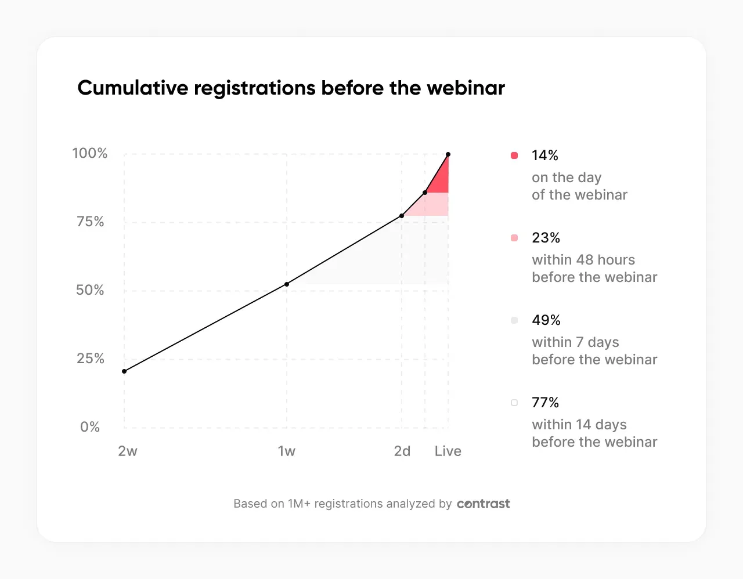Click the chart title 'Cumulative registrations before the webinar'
[291, 88]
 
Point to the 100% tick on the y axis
[90, 153]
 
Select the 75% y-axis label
[91, 222]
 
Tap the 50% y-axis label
[90, 290]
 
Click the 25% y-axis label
[91, 359]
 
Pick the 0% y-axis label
[90, 427]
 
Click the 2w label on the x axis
[128, 451]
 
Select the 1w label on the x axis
[287, 451]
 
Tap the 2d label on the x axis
[402, 451]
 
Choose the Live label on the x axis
[448, 451]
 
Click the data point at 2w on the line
[124, 371]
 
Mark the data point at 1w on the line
[287, 284]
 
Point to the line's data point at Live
[448, 154]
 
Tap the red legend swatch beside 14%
[514, 155]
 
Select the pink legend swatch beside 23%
[514, 238]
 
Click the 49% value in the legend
[546, 320]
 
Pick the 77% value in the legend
[546, 403]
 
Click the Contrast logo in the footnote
[484, 504]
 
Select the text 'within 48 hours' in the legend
[583, 260]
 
